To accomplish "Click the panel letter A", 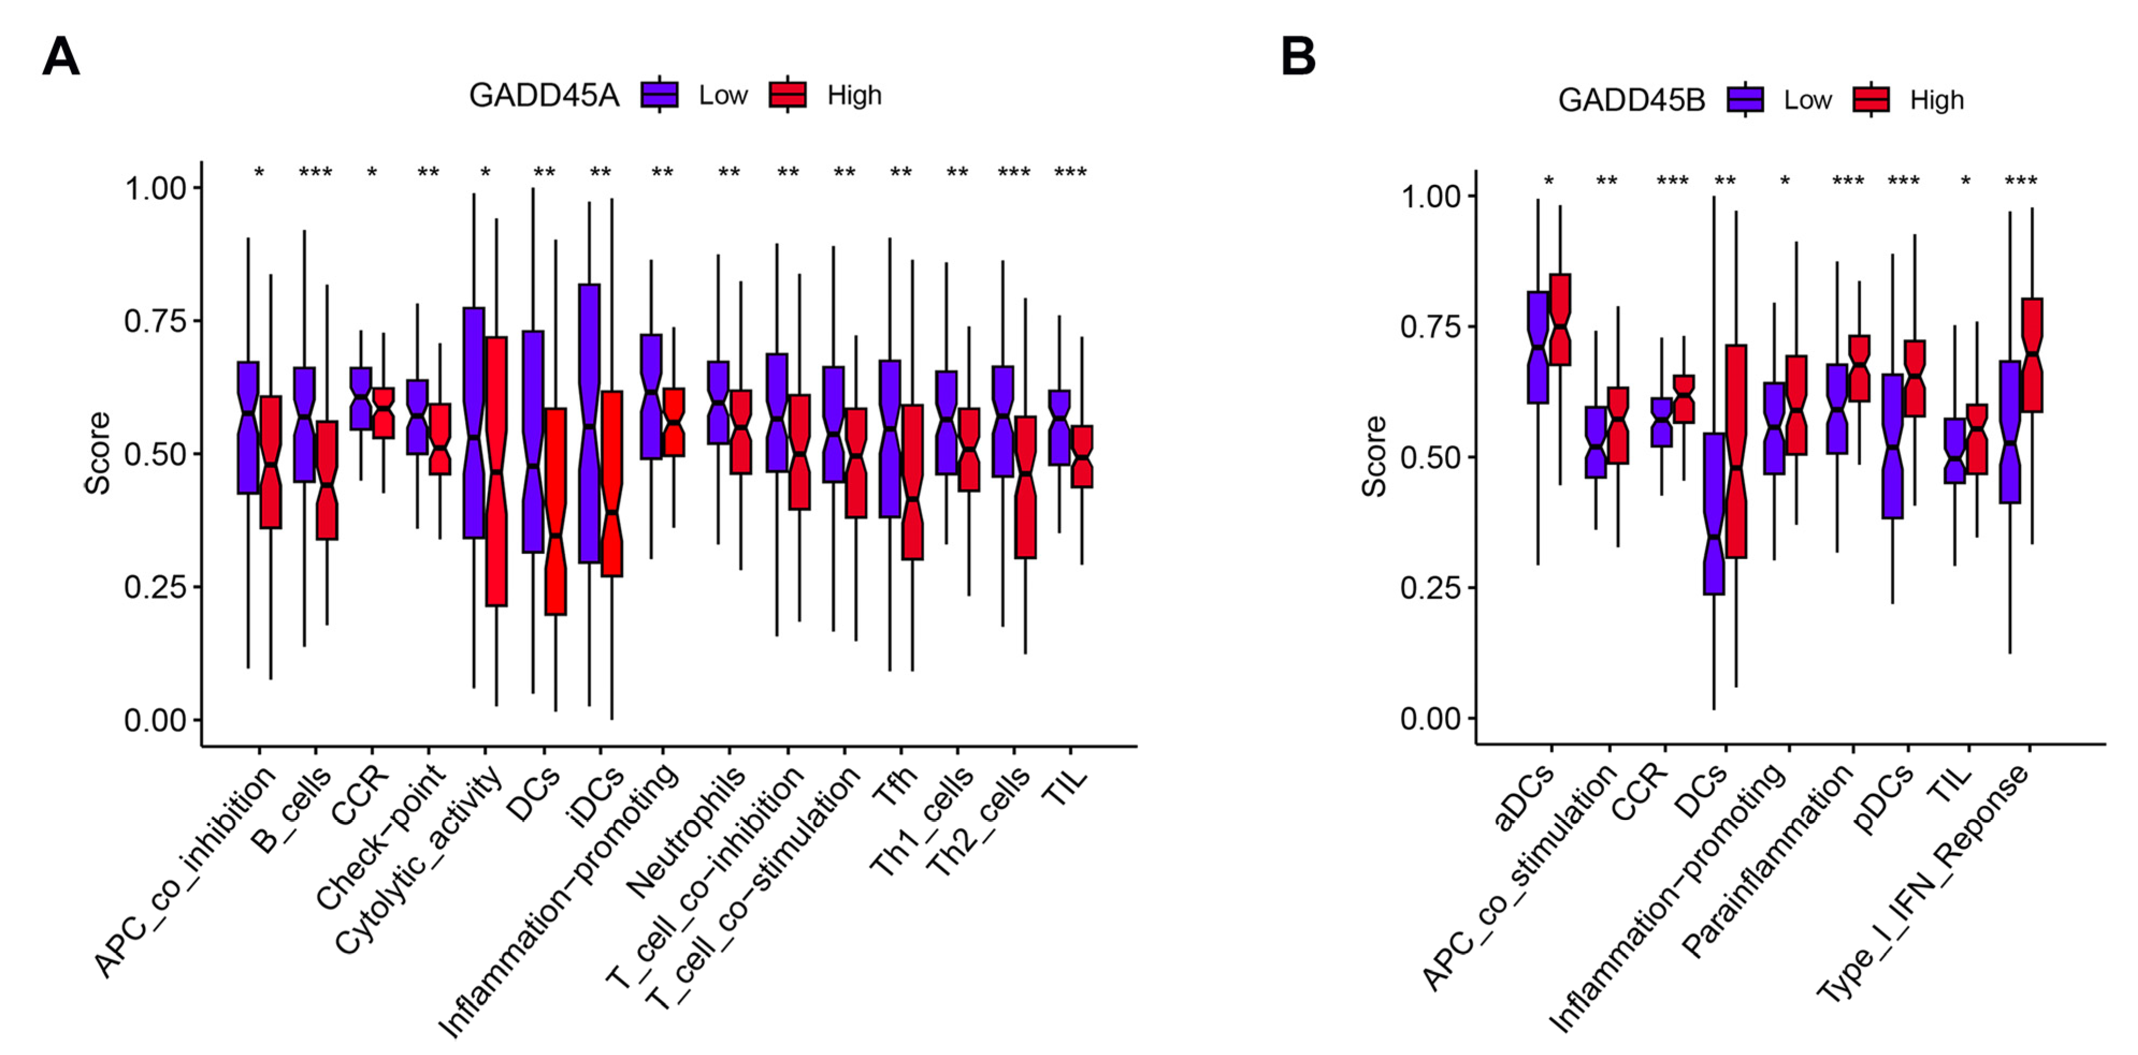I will (x=61, y=57).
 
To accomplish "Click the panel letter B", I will (x=1298, y=57).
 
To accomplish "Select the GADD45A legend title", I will (x=544, y=96).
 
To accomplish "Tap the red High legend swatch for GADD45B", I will (x=1870, y=99).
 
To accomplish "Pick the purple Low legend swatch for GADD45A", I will (x=660, y=95).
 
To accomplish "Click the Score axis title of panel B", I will (x=1374, y=457).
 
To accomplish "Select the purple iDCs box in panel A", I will (x=589, y=423).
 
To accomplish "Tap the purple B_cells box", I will (x=305, y=423).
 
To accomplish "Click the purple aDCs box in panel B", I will (x=1538, y=347).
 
